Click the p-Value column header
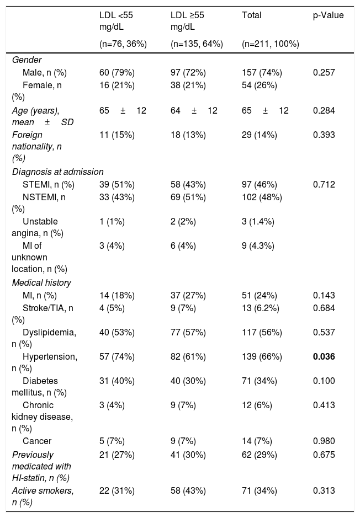(329, 15)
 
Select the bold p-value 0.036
(324, 357)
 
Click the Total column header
(252, 15)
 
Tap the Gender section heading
(27, 60)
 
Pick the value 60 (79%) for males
(117, 73)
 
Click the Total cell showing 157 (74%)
(262, 73)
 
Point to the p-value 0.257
(324, 73)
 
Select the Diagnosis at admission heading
(58, 172)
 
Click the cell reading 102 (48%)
(262, 197)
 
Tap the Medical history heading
(41, 283)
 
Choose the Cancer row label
(37, 441)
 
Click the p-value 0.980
(324, 441)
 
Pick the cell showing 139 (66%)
(262, 357)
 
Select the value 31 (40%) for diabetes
(117, 381)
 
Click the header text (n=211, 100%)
(271, 44)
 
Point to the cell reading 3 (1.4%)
(258, 221)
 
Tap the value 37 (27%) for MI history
(188, 295)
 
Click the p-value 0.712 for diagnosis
(324, 184)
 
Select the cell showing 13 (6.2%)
(261, 308)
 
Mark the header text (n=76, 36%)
(123, 44)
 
